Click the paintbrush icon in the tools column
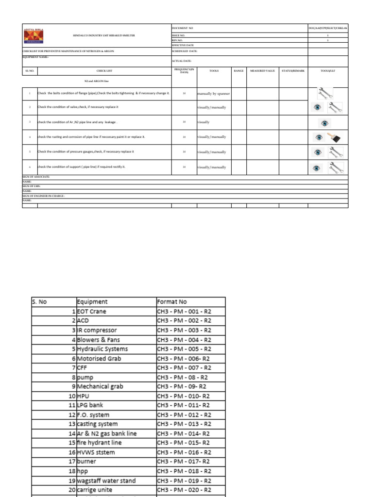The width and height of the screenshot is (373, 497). tap(334, 137)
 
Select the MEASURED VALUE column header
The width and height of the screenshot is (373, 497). tap(262, 71)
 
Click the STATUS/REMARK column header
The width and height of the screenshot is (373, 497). tap(293, 71)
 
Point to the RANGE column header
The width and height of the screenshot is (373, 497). tap(238, 71)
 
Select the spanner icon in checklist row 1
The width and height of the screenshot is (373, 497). tap(324, 92)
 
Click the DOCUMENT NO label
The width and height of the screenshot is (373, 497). tap(184, 29)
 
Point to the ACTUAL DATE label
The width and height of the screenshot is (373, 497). tap(182, 61)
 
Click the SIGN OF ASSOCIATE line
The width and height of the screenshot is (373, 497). tap(36, 177)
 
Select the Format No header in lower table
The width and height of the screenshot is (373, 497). tap(171, 301)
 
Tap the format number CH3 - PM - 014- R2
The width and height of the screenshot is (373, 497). tap(184, 433)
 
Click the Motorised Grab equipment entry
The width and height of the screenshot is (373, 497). tap(99, 358)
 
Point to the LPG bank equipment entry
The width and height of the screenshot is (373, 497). tap(90, 405)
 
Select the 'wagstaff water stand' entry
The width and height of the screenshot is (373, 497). tap(106, 480)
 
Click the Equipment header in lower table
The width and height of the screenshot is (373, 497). tap(92, 301)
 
